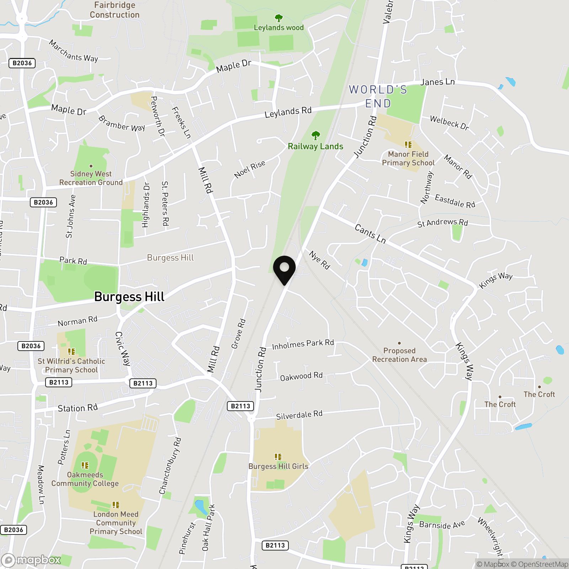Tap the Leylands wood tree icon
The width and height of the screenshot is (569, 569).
click(x=279, y=18)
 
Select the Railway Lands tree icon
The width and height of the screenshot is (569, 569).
click(x=315, y=135)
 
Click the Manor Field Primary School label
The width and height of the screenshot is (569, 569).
click(x=408, y=159)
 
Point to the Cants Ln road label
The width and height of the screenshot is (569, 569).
click(x=370, y=234)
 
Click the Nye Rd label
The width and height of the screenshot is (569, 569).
click(x=320, y=260)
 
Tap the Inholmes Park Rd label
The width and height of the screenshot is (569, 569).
click(x=303, y=344)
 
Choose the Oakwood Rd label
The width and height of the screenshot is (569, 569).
click(x=301, y=376)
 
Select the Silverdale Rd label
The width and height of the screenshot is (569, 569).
click(x=299, y=415)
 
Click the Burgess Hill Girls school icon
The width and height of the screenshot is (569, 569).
click(x=278, y=457)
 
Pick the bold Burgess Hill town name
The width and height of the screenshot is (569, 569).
click(x=129, y=297)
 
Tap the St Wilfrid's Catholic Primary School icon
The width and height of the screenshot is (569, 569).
click(x=71, y=352)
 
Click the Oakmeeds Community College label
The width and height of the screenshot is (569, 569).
click(x=85, y=479)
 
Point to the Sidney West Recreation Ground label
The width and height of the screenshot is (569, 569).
click(x=91, y=178)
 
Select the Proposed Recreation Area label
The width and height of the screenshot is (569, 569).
click(x=399, y=355)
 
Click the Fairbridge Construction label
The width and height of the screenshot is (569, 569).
click(x=115, y=10)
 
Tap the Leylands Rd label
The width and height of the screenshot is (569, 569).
click(x=288, y=112)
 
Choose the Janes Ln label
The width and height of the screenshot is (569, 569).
click(x=437, y=82)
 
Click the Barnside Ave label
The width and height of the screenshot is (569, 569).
click(x=442, y=525)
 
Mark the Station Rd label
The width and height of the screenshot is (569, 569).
click(x=78, y=408)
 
